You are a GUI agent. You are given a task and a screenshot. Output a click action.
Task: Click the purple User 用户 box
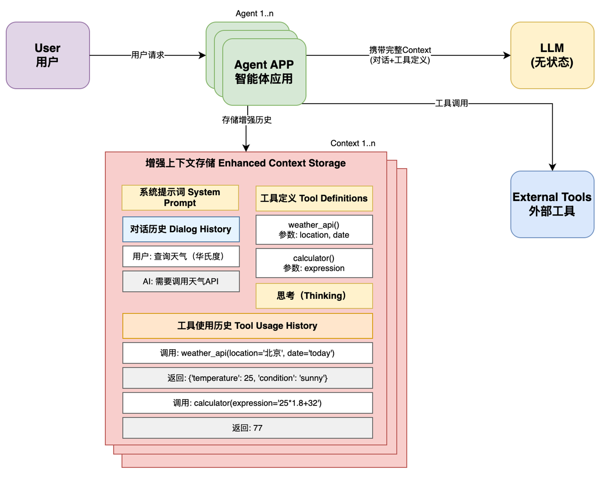[48, 55]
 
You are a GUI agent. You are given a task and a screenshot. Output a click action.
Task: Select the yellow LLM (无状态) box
[552, 55]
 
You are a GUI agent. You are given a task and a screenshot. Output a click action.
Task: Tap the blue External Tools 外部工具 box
[552, 204]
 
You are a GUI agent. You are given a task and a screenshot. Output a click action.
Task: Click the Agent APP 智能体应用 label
[264, 72]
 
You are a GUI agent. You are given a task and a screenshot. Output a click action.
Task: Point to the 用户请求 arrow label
[148, 55]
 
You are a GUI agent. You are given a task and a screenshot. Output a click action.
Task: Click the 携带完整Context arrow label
[400, 55]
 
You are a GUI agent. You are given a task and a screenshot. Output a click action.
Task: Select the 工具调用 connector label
[451, 103]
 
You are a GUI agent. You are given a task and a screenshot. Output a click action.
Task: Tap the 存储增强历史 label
[246, 120]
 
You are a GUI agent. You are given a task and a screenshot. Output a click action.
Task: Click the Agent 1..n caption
[254, 13]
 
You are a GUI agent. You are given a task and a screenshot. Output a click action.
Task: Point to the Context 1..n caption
[353, 143]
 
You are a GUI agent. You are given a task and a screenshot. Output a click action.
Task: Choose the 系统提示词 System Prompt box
[180, 198]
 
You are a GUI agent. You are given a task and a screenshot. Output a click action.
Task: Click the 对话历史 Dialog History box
[181, 229]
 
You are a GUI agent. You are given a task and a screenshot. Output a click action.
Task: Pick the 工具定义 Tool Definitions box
[314, 198]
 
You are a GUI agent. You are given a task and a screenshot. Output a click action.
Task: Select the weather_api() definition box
[314, 230]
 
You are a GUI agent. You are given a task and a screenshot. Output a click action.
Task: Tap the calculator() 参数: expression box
[314, 263]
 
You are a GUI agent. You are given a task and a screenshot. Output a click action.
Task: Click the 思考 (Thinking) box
[314, 296]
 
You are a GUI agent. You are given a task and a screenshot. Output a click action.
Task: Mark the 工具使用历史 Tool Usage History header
[247, 326]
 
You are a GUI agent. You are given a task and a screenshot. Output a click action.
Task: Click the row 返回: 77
[247, 428]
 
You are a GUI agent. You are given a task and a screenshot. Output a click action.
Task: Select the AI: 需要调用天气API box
[181, 282]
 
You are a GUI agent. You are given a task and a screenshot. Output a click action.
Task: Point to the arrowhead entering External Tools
[552, 168]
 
